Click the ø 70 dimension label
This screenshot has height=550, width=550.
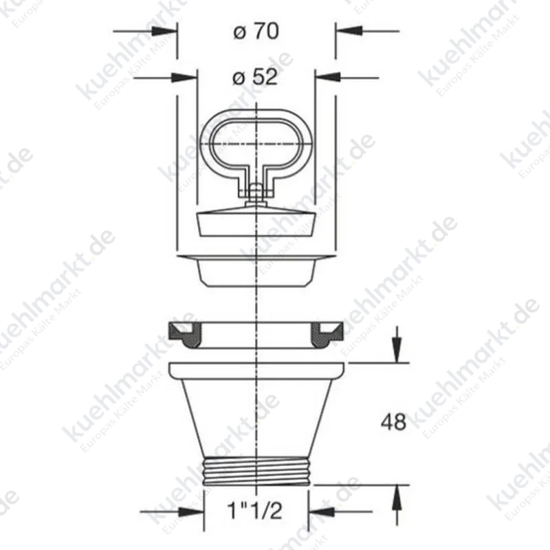coord(256,31)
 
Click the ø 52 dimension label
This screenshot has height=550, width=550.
coord(255,77)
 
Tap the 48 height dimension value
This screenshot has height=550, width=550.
coord(393,422)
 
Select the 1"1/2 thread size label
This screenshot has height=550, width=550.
coord(254,510)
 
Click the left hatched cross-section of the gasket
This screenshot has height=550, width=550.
coord(185,335)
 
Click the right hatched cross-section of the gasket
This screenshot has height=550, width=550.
coord(327,335)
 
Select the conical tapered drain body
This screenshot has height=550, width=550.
coord(256,417)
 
